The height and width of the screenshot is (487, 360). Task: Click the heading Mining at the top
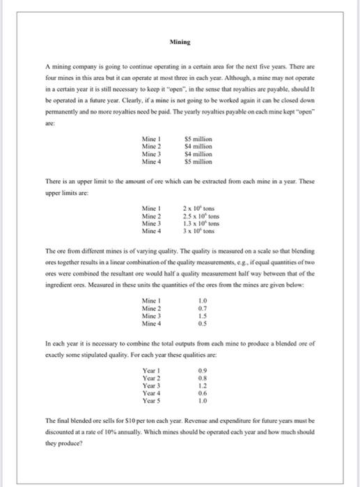coord(180,42)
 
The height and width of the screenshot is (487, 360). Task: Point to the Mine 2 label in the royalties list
coord(151,147)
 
